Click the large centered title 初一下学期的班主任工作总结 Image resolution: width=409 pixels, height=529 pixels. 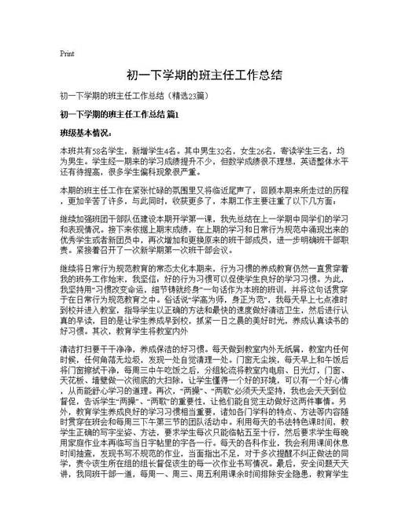tap(204, 76)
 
